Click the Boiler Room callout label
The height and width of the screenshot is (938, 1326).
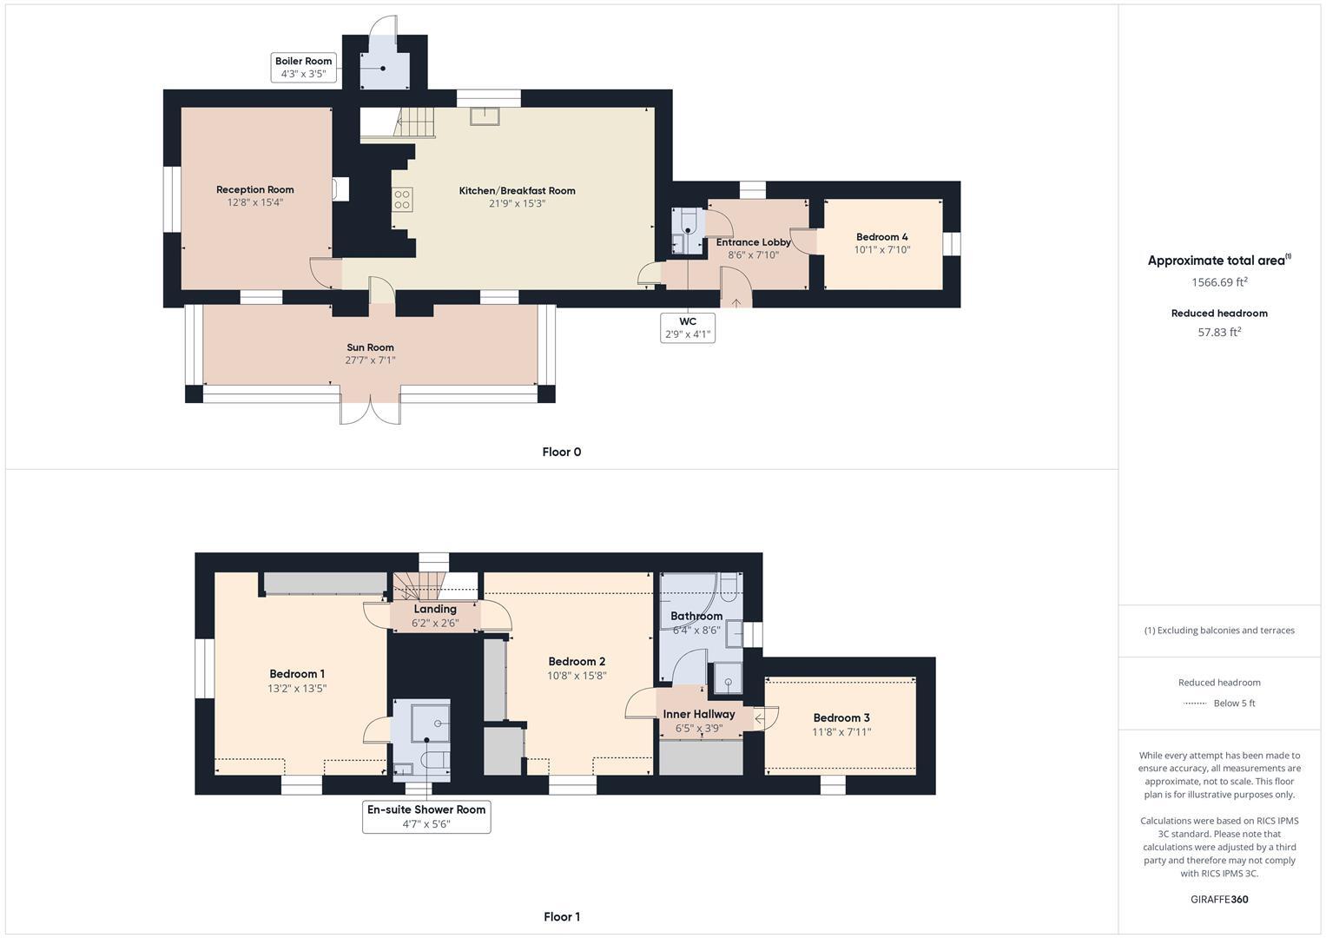[x=303, y=68]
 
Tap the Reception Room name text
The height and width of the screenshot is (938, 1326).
[x=255, y=189]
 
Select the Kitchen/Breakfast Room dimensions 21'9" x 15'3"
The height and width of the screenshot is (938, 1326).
[x=517, y=203]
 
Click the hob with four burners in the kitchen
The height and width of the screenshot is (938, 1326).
[x=402, y=200]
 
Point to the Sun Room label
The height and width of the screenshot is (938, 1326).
[x=370, y=347]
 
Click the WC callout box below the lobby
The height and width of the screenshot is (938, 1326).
[x=688, y=327]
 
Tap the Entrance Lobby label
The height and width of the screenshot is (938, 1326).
[x=753, y=242]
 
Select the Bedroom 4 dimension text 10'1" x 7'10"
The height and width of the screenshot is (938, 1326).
[x=881, y=250]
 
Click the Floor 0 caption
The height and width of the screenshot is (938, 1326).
[x=561, y=452]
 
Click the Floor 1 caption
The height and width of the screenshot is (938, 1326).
[x=561, y=916]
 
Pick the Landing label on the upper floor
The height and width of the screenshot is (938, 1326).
[x=435, y=609]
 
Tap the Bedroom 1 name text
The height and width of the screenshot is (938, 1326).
[x=297, y=674]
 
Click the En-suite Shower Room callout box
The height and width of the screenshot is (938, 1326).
[x=426, y=816]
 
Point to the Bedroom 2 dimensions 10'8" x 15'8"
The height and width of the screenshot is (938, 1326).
[x=577, y=676]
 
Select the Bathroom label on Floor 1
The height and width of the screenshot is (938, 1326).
[x=696, y=616]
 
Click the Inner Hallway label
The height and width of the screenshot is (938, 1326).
[x=699, y=714]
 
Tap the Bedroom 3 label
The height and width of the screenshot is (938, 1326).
[x=841, y=717]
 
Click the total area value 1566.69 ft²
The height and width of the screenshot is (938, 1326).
[x=1219, y=282]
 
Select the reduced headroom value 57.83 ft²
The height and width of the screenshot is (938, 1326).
[x=1219, y=332]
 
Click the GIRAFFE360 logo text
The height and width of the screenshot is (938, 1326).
[x=1219, y=899]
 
